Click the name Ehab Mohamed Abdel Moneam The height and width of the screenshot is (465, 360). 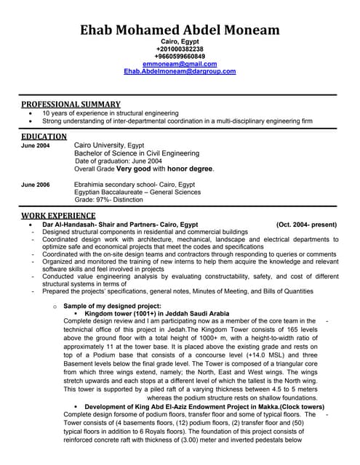click(x=180, y=30)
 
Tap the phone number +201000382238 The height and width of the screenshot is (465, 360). click(x=180, y=49)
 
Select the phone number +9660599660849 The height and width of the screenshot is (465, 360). click(x=180, y=56)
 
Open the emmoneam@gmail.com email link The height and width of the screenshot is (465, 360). click(x=180, y=64)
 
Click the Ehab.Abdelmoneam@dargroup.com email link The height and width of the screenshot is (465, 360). click(x=180, y=71)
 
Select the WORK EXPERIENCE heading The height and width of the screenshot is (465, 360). click(x=57, y=215)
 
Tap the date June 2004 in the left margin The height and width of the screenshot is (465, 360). click(x=36, y=145)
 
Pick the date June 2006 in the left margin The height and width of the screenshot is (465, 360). click(x=36, y=185)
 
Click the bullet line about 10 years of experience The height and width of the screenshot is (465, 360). click(x=111, y=113)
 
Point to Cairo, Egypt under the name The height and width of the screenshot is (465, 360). click(x=180, y=41)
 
